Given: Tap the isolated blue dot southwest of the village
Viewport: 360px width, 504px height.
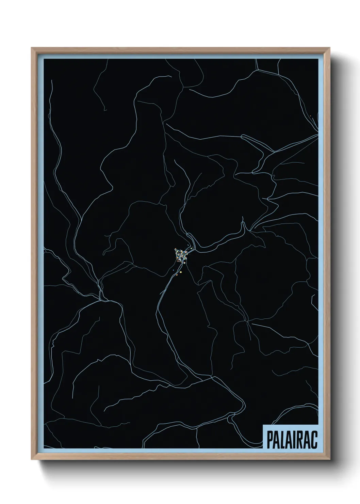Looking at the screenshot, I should click(173, 270).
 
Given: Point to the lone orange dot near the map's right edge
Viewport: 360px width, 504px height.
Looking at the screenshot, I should click(311, 116).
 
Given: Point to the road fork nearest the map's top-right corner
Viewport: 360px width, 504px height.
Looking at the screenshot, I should click(258, 69).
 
